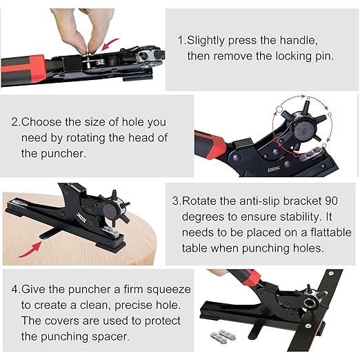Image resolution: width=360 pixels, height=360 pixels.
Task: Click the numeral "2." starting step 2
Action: click(15, 122)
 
